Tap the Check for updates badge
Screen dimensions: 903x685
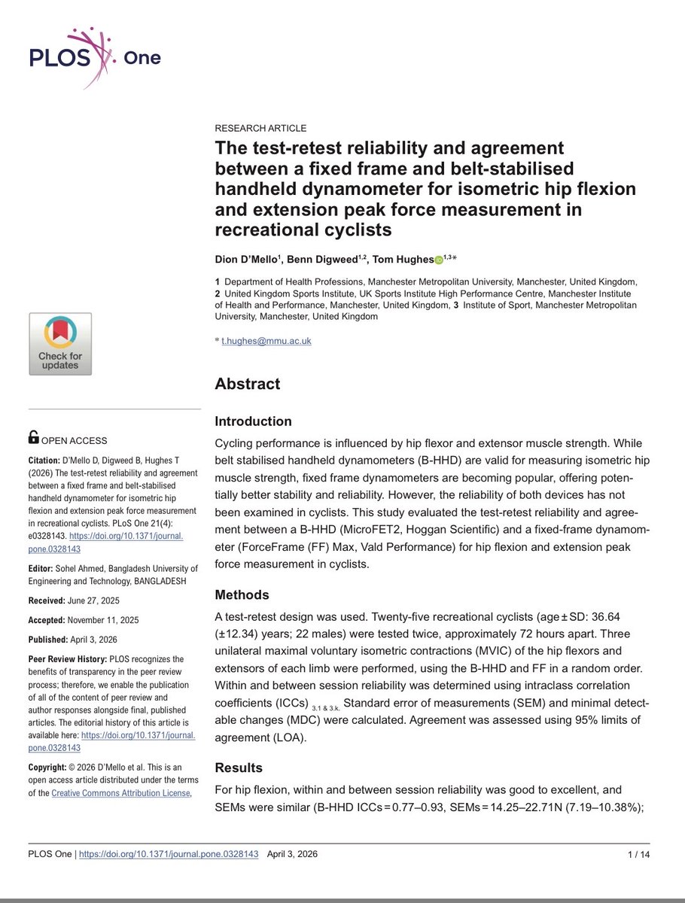pos(60,344)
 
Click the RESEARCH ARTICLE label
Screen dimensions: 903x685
pos(260,128)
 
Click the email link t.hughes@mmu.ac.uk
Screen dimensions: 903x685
pos(266,340)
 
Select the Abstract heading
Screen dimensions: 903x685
pos(247,384)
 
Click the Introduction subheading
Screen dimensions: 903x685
pos(253,421)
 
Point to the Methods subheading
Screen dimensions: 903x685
pos(242,594)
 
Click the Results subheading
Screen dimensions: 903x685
pos(239,768)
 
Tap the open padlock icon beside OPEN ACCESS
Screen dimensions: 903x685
pos(34,437)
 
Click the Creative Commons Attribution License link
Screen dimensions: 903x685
pos(121,793)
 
